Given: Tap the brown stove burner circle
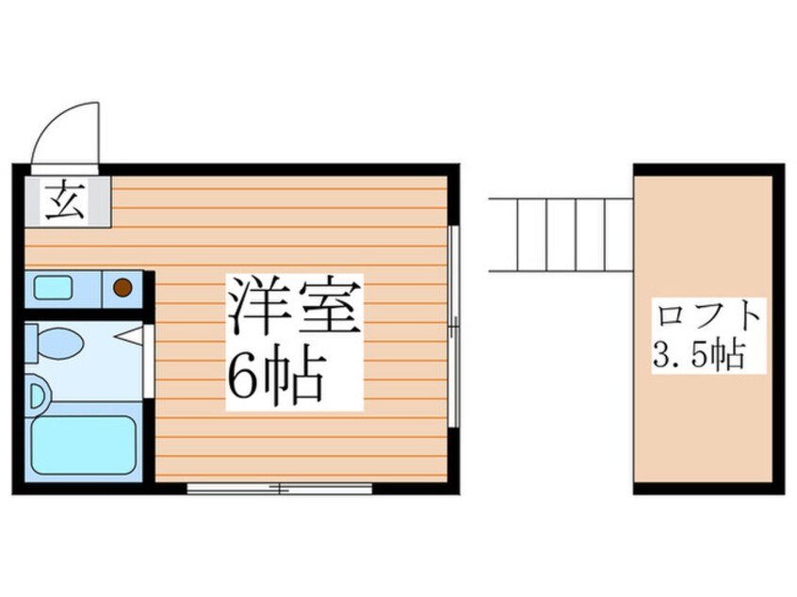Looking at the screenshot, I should click(x=122, y=288).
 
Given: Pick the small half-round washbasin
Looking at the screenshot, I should click(x=33, y=394).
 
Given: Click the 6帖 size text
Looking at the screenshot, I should click(x=274, y=376).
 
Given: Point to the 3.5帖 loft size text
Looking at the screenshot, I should click(x=699, y=356).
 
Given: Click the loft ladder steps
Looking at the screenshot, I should click(x=561, y=234).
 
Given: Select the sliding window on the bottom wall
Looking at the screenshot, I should click(x=280, y=488).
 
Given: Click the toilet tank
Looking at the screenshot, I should click(x=31, y=343).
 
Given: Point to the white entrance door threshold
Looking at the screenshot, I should click(x=66, y=169).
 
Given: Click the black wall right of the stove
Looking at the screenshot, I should click(x=148, y=287).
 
